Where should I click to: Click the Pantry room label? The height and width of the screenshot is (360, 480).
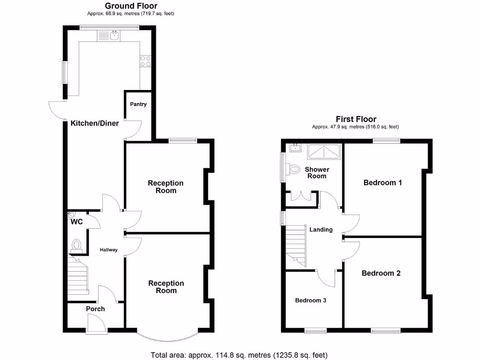138,104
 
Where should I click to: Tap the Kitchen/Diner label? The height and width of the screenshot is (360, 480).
95,124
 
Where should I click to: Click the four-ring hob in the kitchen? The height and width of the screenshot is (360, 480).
145,61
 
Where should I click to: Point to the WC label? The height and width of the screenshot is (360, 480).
77,222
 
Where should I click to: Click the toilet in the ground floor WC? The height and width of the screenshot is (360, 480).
77,245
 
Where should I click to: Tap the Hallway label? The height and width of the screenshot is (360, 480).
109,250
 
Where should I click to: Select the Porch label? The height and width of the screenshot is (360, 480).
95,309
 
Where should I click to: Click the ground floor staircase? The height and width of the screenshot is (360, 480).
78,277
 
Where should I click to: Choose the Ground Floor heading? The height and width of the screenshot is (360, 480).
131,6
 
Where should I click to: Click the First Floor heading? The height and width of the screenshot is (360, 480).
356,119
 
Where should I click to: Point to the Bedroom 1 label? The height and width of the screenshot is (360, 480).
382,182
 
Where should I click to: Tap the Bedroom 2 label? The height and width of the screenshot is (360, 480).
381,273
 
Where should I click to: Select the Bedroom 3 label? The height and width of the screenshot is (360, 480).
310,300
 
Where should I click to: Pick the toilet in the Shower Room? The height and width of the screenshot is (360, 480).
294,169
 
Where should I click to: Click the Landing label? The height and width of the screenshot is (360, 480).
321,230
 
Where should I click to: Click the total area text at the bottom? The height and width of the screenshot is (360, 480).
239,355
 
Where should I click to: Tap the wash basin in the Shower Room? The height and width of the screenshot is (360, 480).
295,149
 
